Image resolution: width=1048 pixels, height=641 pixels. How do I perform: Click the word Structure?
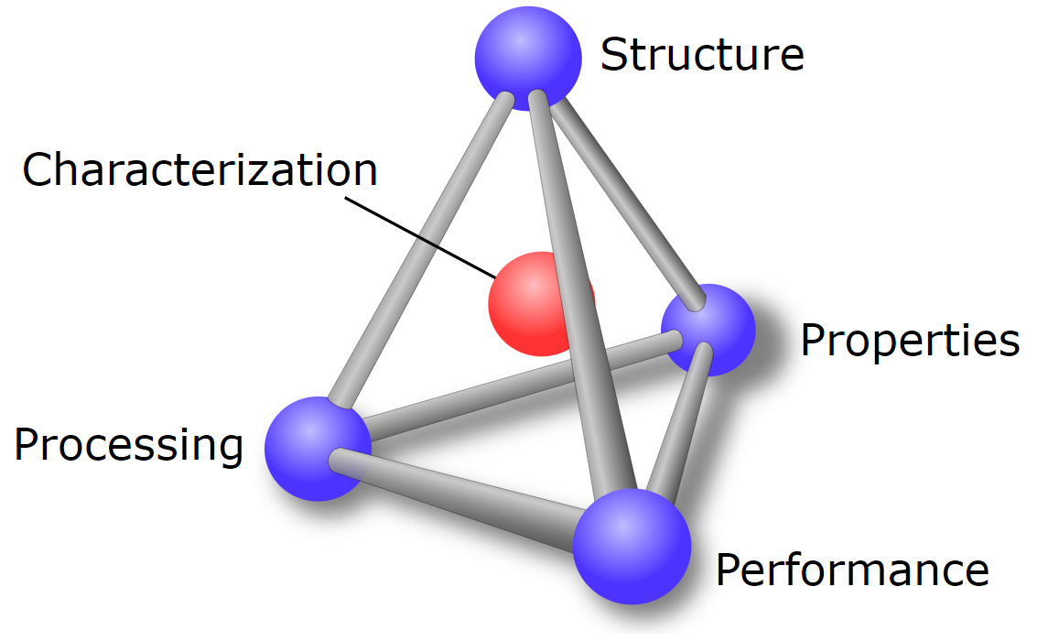click(702, 55)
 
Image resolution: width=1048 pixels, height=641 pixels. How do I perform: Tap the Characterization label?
click(200, 170)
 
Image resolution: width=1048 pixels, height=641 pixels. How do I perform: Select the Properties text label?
click(910, 341)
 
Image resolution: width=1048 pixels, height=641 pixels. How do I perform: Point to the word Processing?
click(129, 445)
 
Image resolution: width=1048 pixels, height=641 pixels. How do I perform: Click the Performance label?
click(852, 570)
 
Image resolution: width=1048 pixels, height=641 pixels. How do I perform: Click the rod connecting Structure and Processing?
click(421, 247)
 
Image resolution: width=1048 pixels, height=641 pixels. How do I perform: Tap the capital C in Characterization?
click(36, 170)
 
